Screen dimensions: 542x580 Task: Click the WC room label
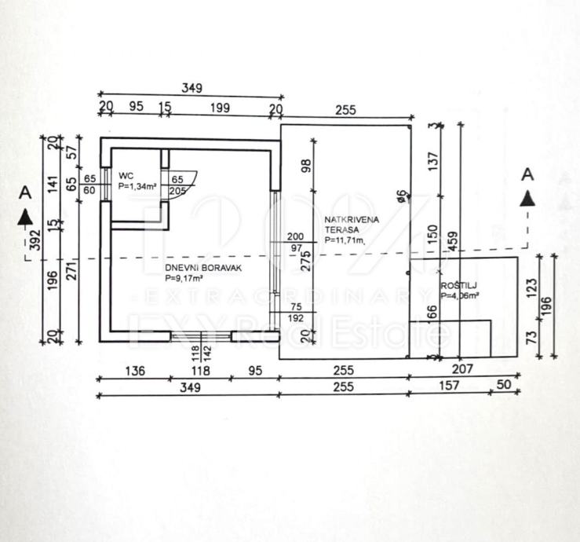[x=125, y=175]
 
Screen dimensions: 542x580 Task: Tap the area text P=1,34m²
[x=137, y=187]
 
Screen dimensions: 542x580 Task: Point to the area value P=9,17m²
[x=185, y=278]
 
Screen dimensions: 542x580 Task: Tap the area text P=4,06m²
[x=459, y=297]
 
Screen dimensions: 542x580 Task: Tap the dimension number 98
[x=306, y=166]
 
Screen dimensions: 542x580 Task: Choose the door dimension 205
[x=177, y=190]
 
